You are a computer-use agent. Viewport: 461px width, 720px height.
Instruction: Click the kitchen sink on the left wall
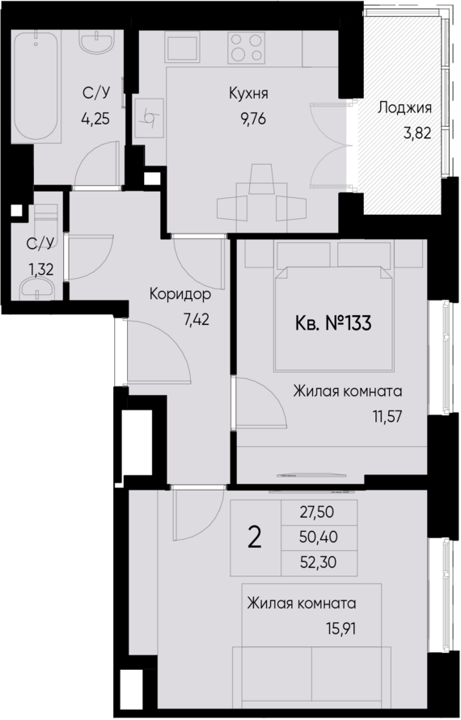coord(150,118)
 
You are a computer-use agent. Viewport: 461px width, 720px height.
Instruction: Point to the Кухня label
coord(247,94)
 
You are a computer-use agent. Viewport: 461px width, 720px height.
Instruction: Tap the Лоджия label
coord(405,107)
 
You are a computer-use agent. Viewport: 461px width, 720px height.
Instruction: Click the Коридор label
coord(185,295)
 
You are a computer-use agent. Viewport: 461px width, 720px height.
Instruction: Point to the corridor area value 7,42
coord(197,318)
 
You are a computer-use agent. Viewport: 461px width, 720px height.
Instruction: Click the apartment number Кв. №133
coord(331,325)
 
